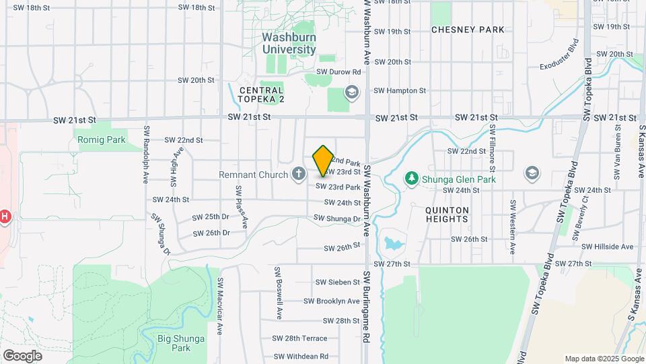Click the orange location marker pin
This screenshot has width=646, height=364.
coord(324,160)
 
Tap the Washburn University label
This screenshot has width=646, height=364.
coord(289,44)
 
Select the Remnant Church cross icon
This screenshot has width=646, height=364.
coord(299,175)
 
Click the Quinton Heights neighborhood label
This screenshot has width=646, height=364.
coord(447,214)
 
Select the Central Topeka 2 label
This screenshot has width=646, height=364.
coord(262,95)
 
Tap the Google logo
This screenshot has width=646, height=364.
coord(22,355)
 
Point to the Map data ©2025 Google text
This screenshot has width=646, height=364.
coord(603,359)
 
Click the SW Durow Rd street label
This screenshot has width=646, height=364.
coord(338,71)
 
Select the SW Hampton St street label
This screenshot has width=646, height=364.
coord(400,90)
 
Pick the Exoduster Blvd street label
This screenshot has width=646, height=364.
coord(560,55)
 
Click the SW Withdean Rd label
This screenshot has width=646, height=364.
coord(301,356)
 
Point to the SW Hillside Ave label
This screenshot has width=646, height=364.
coord(608,247)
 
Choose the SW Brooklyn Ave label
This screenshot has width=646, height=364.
coord(332,301)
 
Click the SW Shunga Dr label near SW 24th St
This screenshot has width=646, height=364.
coord(337,218)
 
